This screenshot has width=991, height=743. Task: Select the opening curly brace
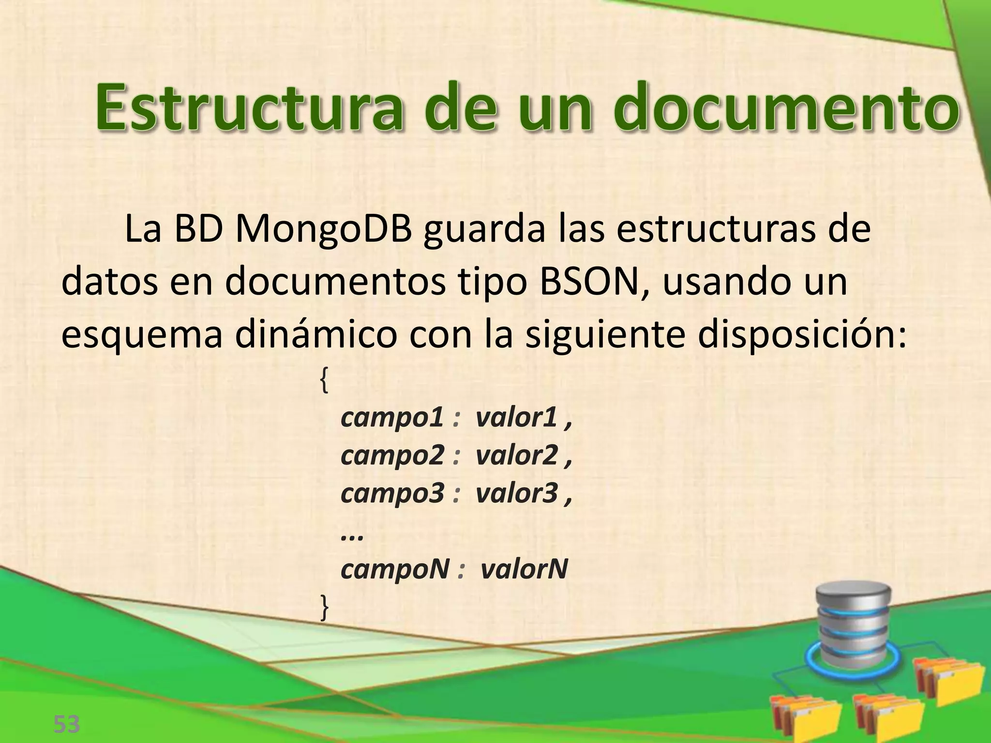324,380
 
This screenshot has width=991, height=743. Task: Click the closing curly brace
324,608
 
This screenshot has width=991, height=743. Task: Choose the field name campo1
392,418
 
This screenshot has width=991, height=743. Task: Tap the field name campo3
392,493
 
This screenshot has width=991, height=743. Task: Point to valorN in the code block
524,569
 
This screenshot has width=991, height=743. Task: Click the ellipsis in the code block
352,535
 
